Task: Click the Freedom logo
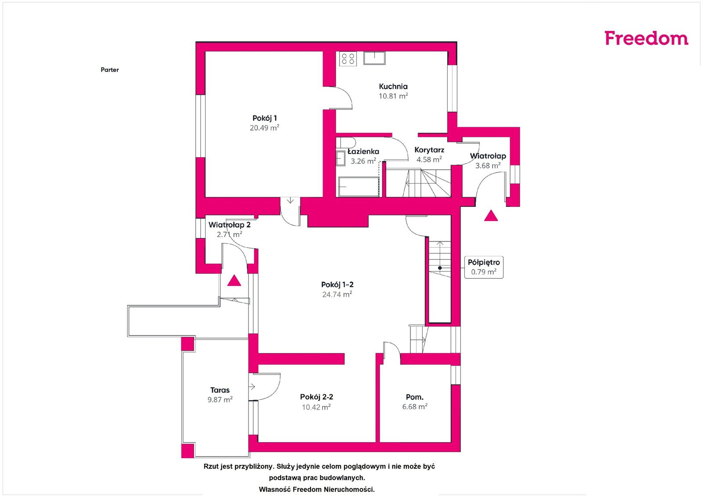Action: (x=646, y=38)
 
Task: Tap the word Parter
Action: (x=109, y=70)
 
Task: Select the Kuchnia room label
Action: (x=393, y=86)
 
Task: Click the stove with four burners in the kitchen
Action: (x=348, y=59)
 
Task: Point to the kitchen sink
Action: (x=374, y=58)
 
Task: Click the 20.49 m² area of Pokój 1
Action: (x=264, y=128)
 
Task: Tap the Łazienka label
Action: (x=363, y=151)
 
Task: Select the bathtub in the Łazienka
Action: (x=359, y=187)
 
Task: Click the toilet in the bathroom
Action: (x=345, y=142)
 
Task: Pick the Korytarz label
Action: (x=429, y=150)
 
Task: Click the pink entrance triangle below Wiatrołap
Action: (x=491, y=216)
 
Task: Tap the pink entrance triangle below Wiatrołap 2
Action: (x=234, y=280)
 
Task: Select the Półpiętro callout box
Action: (x=484, y=267)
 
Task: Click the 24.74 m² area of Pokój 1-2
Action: (x=337, y=294)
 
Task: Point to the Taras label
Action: (x=220, y=390)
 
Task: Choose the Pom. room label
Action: (x=415, y=397)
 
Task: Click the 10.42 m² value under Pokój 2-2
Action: (x=316, y=407)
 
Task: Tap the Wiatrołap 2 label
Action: (x=229, y=225)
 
